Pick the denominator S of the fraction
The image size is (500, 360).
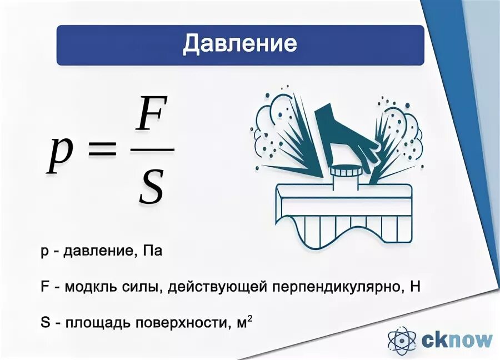(151, 186)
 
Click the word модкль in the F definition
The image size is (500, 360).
(88, 287)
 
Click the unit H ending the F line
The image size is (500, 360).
(414, 287)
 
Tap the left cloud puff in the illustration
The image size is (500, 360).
(272, 125)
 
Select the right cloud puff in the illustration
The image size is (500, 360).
(408, 125)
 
